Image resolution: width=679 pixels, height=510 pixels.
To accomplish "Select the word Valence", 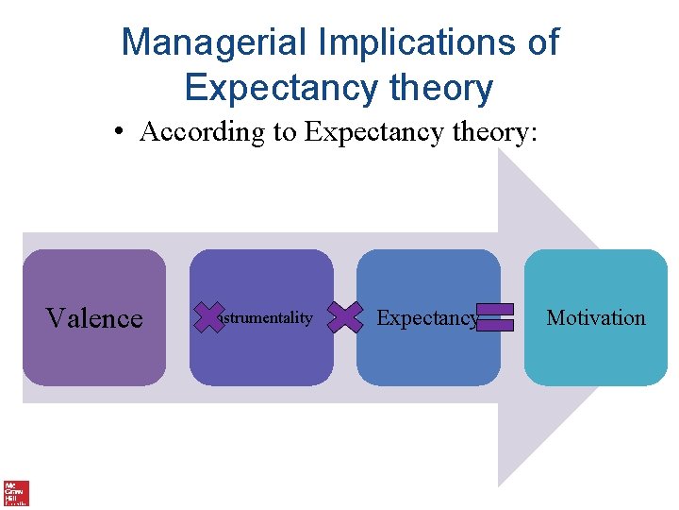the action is click(x=94, y=318).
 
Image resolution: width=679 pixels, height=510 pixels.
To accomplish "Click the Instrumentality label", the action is click(x=264, y=318).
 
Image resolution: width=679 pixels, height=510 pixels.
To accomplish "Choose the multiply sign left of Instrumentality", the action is click(x=209, y=317).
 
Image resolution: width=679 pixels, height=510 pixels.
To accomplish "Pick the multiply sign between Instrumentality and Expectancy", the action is click(x=346, y=317).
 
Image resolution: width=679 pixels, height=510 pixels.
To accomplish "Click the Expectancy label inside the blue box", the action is click(x=426, y=318).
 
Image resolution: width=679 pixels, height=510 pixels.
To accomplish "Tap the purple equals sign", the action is click(x=495, y=317).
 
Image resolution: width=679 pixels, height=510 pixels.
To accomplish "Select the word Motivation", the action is click(x=596, y=318).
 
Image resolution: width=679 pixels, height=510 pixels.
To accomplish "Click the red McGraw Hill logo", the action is click(x=16, y=492).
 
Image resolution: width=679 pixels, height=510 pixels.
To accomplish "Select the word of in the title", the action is click(x=541, y=42).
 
